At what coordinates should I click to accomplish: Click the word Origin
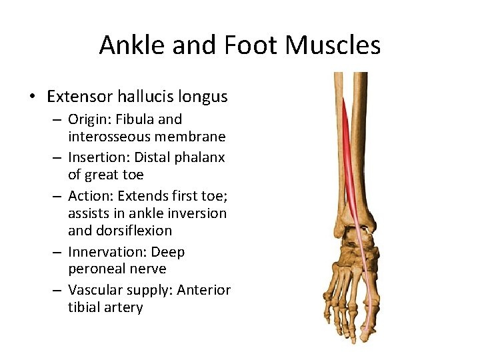point(89,120)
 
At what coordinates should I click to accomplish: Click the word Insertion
point(96,158)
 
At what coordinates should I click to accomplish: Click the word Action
point(89,197)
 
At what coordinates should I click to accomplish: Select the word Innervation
point(103,252)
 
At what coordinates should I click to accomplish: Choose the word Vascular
point(96,290)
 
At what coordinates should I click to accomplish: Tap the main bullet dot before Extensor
point(33,97)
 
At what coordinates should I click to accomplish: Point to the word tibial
point(82,307)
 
